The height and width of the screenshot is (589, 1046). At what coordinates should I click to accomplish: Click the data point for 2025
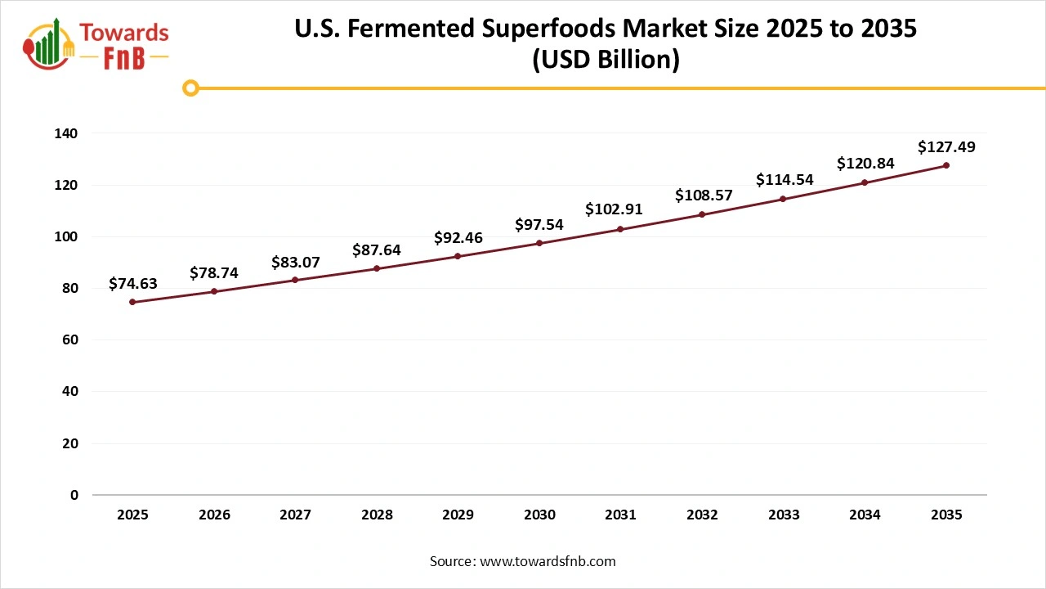[132, 302]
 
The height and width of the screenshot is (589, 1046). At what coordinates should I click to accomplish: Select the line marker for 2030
[539, 243]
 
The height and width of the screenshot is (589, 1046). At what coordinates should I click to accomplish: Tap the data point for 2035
[946, 165]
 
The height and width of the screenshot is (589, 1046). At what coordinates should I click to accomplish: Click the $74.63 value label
[132, 284]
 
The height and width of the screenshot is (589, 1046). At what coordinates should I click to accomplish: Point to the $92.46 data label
[458, 238]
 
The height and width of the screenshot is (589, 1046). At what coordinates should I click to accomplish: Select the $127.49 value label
[946, 147]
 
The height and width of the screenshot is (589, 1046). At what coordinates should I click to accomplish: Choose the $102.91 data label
[614, 209]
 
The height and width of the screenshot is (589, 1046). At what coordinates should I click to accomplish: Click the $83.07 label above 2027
[295, 263]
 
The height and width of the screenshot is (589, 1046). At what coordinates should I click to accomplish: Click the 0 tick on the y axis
[74, 495]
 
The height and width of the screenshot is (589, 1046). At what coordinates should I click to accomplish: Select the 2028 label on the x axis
[377, 515]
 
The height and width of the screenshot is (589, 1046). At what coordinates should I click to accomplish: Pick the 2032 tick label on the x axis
[702, 515]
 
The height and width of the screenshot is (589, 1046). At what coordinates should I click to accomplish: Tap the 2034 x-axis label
[865, 515]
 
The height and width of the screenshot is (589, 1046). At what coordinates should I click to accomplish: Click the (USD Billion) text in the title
[606, 60]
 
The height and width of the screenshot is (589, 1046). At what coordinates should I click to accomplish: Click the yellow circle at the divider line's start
[190, 88]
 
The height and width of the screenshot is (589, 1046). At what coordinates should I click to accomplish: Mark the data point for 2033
[783, 199]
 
